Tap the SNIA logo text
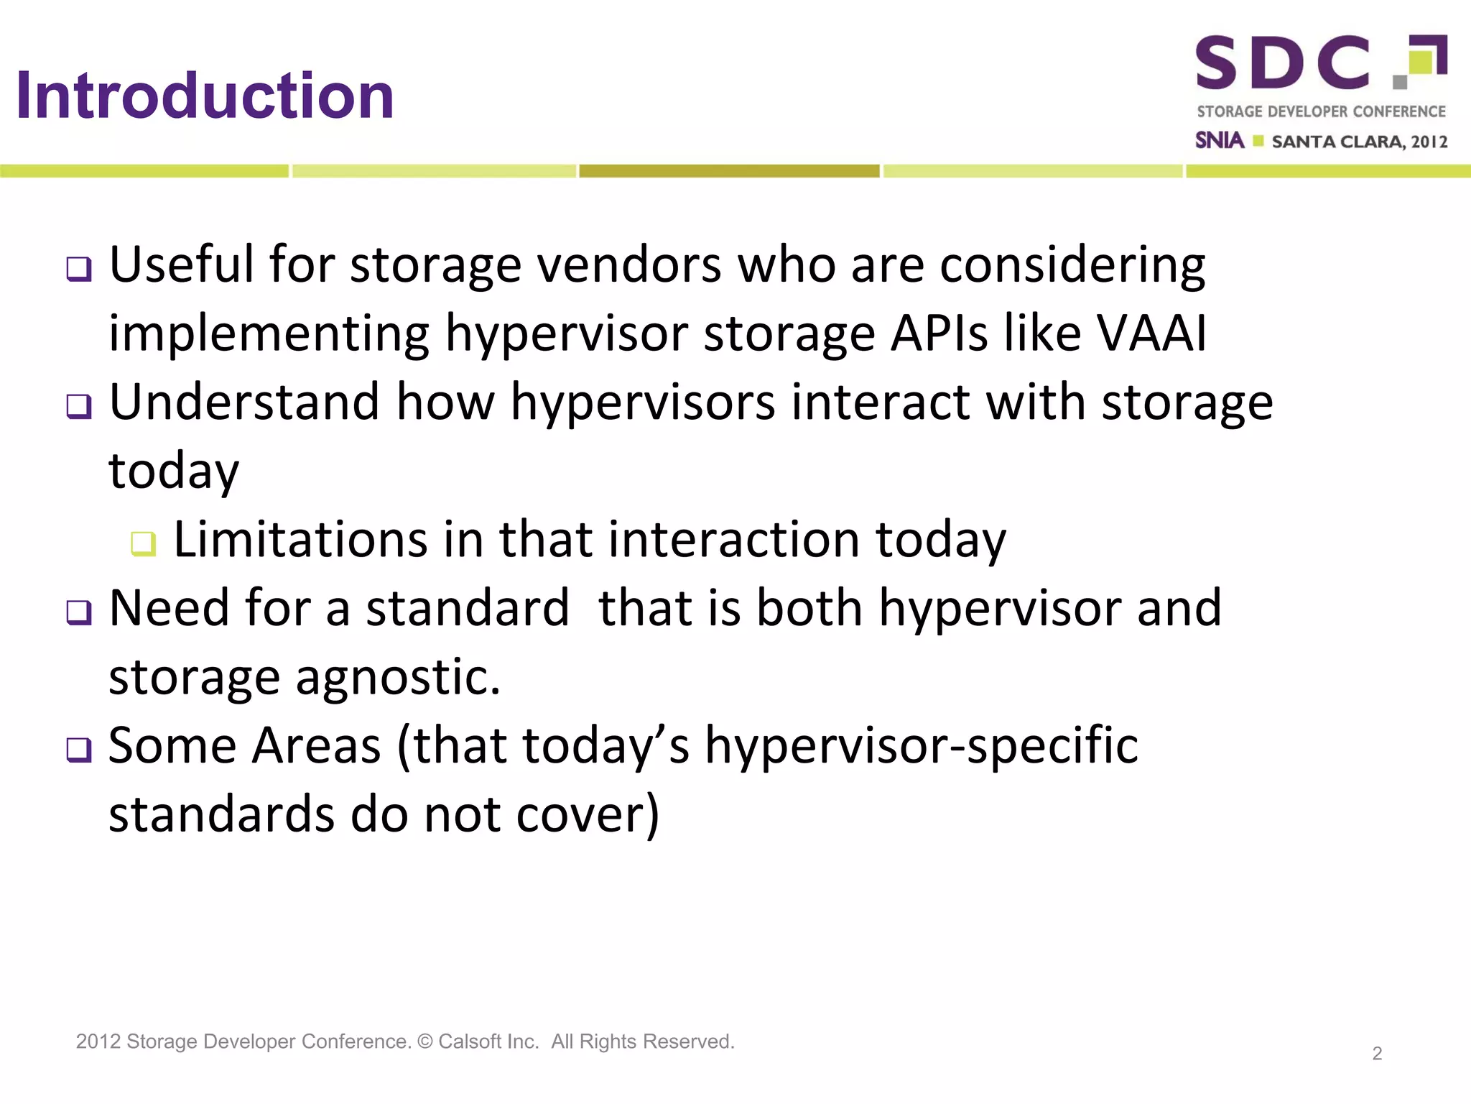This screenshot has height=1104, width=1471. point(1219,140)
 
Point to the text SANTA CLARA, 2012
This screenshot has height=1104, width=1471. point(1359,142)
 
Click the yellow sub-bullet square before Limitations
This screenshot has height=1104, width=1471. point(143,543)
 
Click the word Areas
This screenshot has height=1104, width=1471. point(316,745)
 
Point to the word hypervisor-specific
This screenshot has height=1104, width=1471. point(922,745)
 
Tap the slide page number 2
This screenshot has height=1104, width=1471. point(1377,1054)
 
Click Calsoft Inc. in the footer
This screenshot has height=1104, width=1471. point(488,1041)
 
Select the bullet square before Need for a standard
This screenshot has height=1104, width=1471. point(79,612)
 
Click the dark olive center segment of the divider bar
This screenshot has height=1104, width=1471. point(729,171)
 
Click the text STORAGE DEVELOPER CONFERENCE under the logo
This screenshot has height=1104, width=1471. point(1321,111)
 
